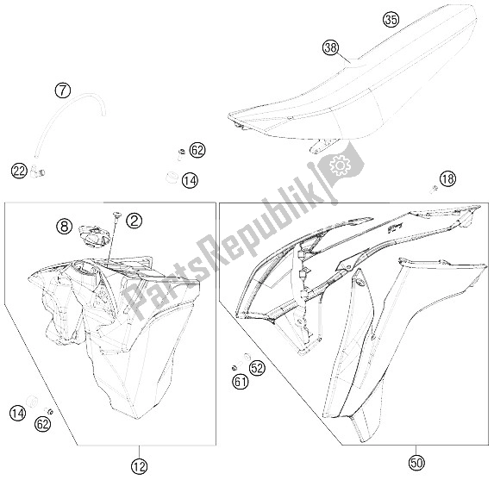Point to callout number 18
point(447,178)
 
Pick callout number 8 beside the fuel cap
point(63,228)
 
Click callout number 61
point(240,381)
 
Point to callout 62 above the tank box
point(197,150)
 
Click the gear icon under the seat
point(340,164)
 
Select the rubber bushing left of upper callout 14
point(172,178)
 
